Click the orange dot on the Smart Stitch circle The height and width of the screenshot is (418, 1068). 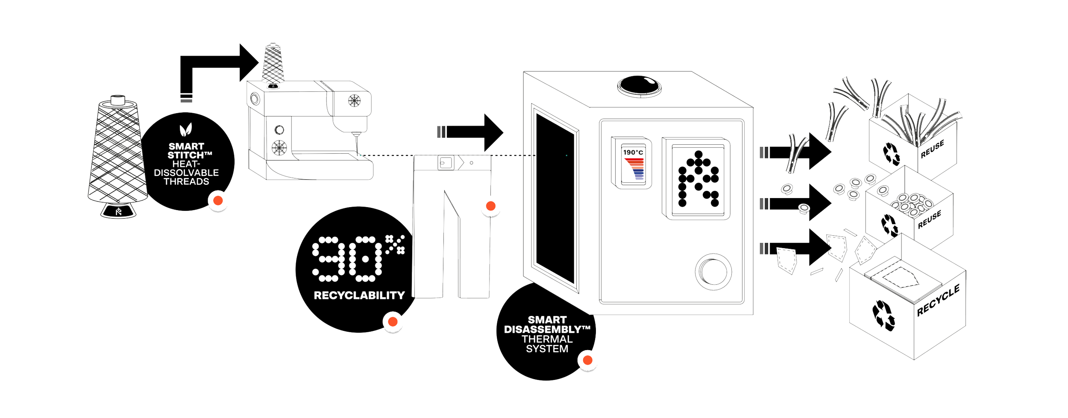[218, 200]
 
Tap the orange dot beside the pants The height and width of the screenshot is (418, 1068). [490, 206]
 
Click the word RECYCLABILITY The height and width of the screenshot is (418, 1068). [359, 295]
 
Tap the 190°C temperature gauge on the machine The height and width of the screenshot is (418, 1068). [633, 163]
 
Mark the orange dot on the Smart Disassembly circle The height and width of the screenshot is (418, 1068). [587, 360]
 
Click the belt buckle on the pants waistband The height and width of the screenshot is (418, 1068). [444, 163]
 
